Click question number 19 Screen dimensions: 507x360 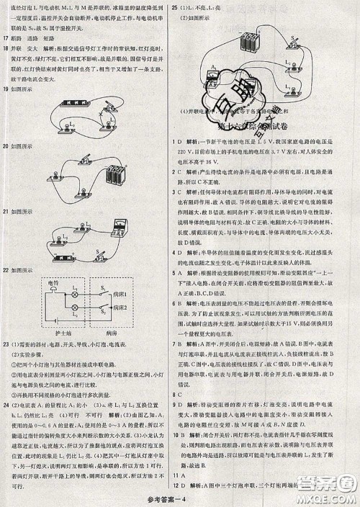(6, 89)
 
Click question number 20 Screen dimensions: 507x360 (6, 146)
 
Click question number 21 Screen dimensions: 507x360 (6, 212)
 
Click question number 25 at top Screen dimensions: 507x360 (175, 6)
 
